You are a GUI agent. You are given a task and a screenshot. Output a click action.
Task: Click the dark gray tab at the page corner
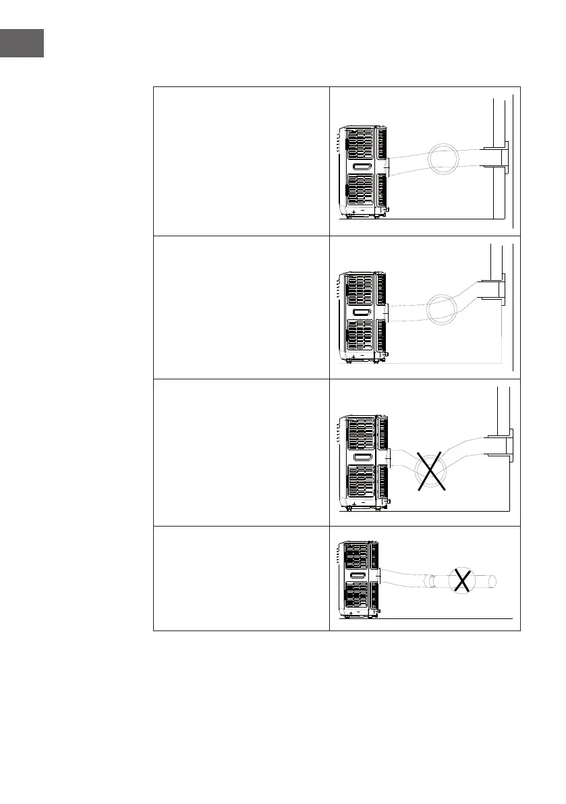22,43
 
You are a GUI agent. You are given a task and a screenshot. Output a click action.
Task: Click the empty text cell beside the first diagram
241,161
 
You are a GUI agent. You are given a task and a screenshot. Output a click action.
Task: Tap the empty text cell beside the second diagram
241,307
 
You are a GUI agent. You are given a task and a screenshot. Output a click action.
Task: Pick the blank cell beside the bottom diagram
241,579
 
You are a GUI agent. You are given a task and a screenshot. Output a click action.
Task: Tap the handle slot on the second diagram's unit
362,313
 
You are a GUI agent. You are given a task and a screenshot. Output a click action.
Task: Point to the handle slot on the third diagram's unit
362,458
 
